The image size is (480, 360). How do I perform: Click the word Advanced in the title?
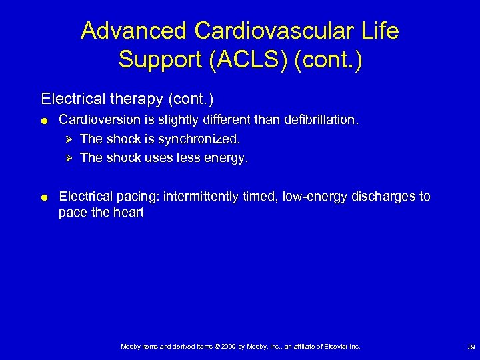[x=133, y=31]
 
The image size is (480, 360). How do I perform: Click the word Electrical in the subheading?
[x=69, y=99]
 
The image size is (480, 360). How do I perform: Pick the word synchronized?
[x=199, y=139]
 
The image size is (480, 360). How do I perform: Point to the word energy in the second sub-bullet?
[x=228, y=158]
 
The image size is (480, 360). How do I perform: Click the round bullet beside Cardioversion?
[x=43, y=121]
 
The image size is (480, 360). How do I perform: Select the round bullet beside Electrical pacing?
[x=43, y=197]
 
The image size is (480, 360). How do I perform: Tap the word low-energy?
[x=313, y=197]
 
